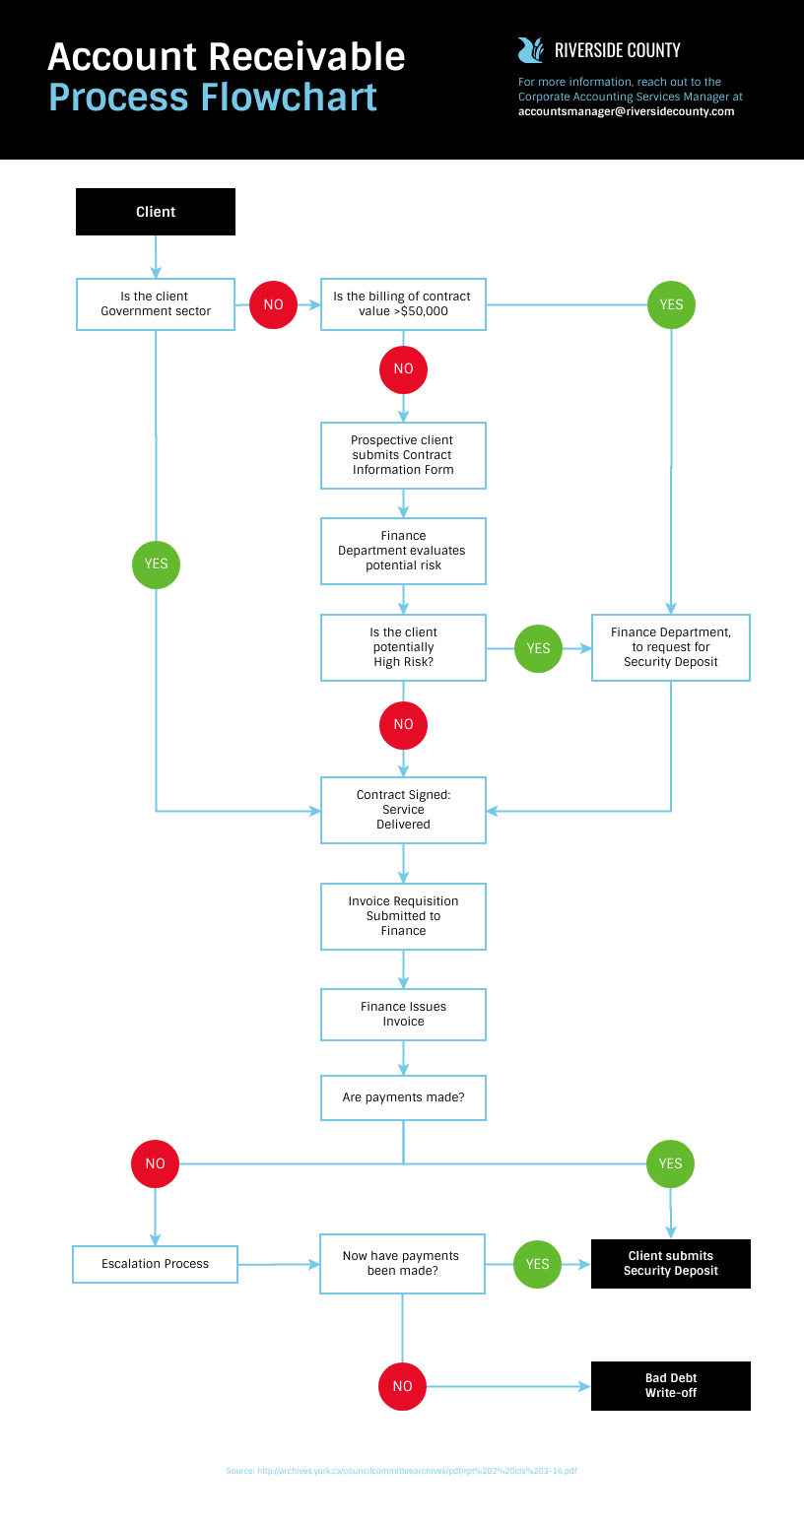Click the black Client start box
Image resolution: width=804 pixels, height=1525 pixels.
156,212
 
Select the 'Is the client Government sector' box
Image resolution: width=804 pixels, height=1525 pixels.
156,303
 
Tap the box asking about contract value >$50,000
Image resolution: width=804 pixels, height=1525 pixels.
403,303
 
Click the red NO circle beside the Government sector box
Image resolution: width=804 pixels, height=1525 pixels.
273,304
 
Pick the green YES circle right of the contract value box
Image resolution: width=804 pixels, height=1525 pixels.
671,304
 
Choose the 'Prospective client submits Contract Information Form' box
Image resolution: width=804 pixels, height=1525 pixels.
403,455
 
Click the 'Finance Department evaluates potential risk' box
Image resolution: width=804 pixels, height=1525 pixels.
403,551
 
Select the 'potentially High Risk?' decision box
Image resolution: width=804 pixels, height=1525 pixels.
403,647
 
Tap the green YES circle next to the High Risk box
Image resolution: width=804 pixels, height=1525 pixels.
538,648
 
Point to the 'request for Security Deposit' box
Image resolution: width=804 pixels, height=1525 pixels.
671,647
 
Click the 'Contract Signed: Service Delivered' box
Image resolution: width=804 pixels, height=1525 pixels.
403,810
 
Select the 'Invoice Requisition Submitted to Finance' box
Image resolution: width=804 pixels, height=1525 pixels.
403,916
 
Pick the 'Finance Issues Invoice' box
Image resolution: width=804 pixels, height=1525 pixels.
403,1015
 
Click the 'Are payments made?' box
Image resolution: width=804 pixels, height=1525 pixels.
403,1097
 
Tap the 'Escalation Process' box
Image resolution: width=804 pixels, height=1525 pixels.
156,1264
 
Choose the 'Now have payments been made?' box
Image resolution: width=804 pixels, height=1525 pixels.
402,1264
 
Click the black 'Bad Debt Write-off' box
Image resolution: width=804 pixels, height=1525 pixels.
671,1386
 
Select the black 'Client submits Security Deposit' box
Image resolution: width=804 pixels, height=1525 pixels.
671,1264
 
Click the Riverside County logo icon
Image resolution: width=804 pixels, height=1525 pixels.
530,50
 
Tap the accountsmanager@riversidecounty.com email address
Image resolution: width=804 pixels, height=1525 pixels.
626,112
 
